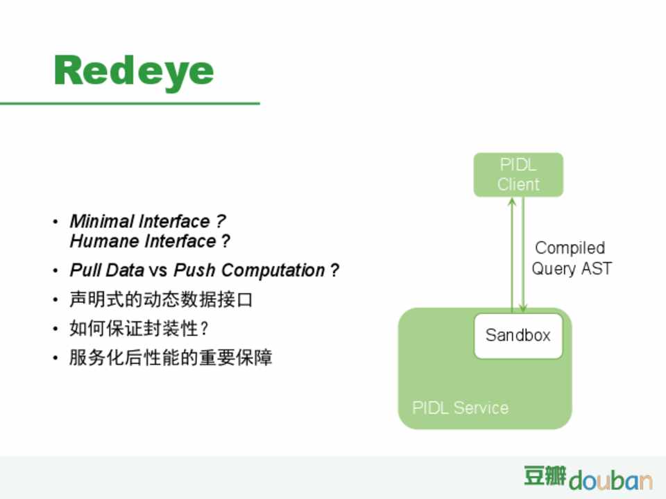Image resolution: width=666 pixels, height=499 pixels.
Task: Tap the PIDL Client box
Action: [x=518, y=175]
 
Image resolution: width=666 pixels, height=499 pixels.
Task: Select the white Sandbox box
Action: [x=518, y=335]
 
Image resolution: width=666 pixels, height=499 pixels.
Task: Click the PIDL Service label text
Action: [x=461, y=408]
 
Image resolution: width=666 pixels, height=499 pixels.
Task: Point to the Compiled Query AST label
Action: [x=571, y=258]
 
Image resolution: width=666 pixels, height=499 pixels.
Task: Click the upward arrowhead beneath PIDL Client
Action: [x=512, y=202]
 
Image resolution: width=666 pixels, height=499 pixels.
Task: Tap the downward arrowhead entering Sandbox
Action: [x=523, y=308]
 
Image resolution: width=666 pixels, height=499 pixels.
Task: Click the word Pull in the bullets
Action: [x=85, y=270]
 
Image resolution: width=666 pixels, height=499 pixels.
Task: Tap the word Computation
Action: [x=273, y=270]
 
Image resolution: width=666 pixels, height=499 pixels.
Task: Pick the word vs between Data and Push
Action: [x=158, y=271]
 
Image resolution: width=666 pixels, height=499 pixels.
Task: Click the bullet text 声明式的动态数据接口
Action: [x=162, y=299]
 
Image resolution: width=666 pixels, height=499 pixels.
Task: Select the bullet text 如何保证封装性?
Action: [x=139, y=328]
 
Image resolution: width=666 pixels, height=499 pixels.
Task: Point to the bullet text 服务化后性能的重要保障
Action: [x=171, y=358]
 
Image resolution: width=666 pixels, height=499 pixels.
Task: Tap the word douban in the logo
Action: [x=610, y=480]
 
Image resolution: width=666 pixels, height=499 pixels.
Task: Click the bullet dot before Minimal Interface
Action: [x=55, y=222]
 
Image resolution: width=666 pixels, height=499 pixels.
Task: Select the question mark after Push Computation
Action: [x=334, y=270]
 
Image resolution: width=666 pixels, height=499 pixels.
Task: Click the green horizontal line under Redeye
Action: [x=130, y=103]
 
